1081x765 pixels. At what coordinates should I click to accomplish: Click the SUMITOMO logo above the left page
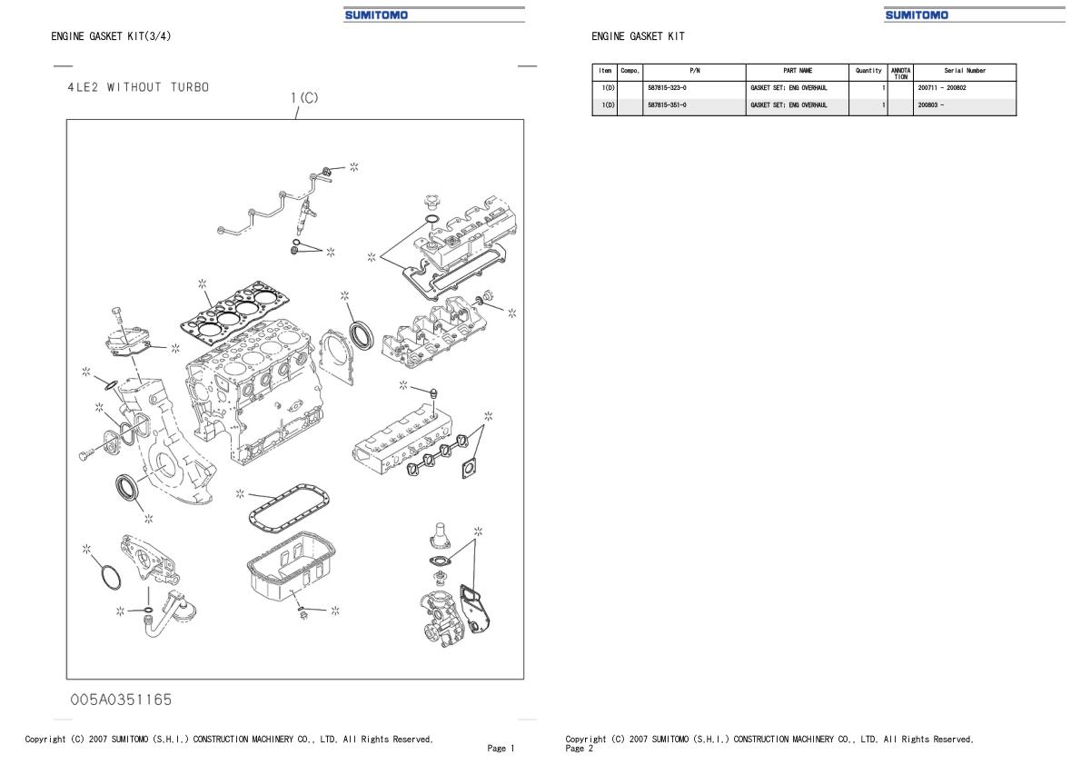(377, 15)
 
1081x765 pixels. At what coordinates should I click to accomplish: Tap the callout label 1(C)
(304, 98)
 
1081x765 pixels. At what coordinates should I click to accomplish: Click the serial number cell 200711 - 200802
(942, 89)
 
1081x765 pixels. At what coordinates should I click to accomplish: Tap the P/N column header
(694, 71)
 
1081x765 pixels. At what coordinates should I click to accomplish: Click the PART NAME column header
(797, 71)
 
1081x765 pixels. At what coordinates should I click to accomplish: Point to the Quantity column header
(868, 71)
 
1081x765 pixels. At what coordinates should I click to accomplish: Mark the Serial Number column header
(965, 71)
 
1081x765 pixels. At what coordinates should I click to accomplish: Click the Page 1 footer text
(500, 749)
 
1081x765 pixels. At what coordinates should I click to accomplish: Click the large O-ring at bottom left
(108, 577)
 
